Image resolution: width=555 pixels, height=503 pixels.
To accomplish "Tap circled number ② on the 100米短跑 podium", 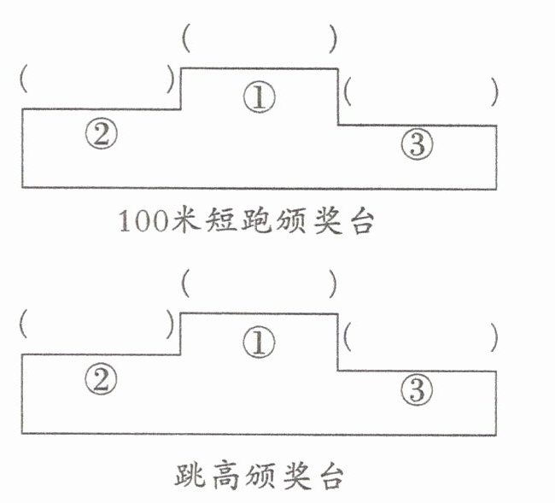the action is [x=101, y=134].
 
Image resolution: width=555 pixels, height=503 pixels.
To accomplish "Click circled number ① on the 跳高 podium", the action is [x=259, y=343].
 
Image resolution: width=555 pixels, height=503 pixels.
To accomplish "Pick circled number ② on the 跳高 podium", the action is [x=101, y=380].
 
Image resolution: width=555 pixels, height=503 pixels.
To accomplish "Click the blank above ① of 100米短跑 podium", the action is [x=259, y=39].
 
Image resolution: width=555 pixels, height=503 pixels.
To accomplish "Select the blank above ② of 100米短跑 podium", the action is [x=96, y=80].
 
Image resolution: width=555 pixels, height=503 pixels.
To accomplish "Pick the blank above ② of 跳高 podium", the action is [x=96, y=325].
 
